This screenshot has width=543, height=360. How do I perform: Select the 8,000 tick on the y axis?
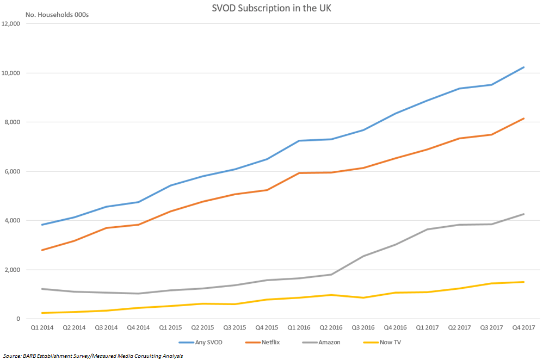13,122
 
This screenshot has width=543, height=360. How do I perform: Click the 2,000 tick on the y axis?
13,270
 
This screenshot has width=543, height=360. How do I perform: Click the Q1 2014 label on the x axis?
42,328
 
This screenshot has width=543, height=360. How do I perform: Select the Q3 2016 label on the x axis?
363,328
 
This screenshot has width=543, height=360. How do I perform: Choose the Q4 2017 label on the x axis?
523,328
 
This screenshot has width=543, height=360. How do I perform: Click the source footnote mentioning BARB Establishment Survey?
92,356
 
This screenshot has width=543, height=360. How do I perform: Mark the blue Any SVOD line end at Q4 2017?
523,67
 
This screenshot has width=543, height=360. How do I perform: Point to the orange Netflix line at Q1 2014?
42,250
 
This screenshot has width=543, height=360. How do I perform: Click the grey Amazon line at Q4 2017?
523,214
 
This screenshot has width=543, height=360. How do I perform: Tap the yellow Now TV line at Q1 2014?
42,313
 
